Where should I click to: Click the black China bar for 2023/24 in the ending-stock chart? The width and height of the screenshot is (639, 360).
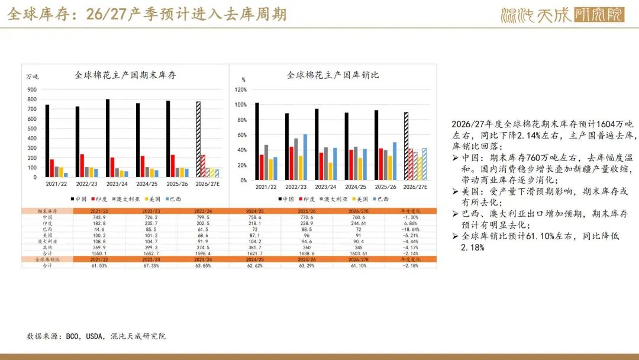pyautogui.click(x=108, y=138)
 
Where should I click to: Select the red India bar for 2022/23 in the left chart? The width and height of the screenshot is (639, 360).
pyautogui.click(x=82, y=165)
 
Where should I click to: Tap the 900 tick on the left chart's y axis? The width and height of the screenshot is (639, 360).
pyautogui.click(x=32, y=89)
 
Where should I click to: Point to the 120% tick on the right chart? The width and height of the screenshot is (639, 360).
pyautogui.click(x=241, y=89)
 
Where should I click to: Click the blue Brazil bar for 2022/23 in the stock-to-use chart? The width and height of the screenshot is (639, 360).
pyautogui.click(x=305, y=156)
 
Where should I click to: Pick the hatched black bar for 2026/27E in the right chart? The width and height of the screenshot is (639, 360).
pyautogui.click(x=406, y=146)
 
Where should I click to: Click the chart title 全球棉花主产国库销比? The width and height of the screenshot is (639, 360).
pyautogui.click(x=333, y=75)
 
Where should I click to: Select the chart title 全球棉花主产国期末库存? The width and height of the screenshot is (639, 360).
pyautogui.click(x=125, y=75)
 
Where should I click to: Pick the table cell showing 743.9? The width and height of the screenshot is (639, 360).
pyautogui.click(x=99, y=217)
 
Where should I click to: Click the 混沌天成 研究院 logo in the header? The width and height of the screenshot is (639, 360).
pyautogui.click(x=561, y=14)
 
